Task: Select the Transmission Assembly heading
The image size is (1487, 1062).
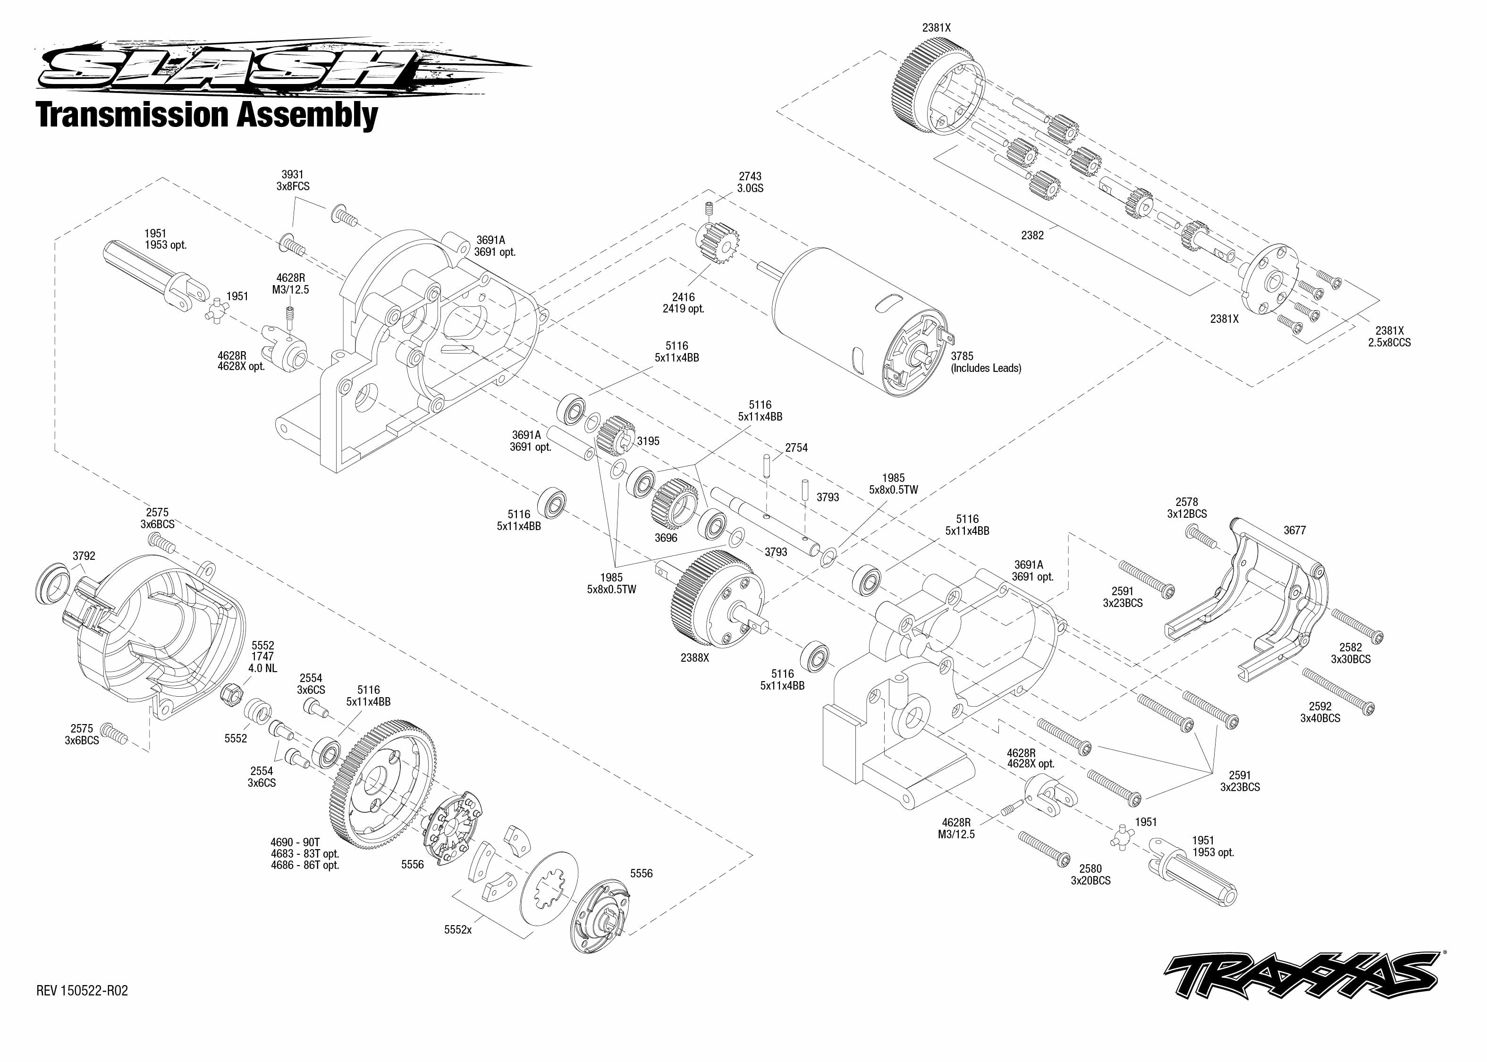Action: pos(207,115)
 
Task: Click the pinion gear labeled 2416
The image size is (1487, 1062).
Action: pos(718,243)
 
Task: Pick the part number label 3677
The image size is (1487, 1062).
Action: pos(1294,531)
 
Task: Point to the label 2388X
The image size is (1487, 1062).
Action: pos(694,658)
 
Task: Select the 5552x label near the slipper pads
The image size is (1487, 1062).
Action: pos(458,929)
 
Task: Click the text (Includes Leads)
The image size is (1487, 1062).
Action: pos(986,368)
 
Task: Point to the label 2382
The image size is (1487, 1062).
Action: pos(1032,236)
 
